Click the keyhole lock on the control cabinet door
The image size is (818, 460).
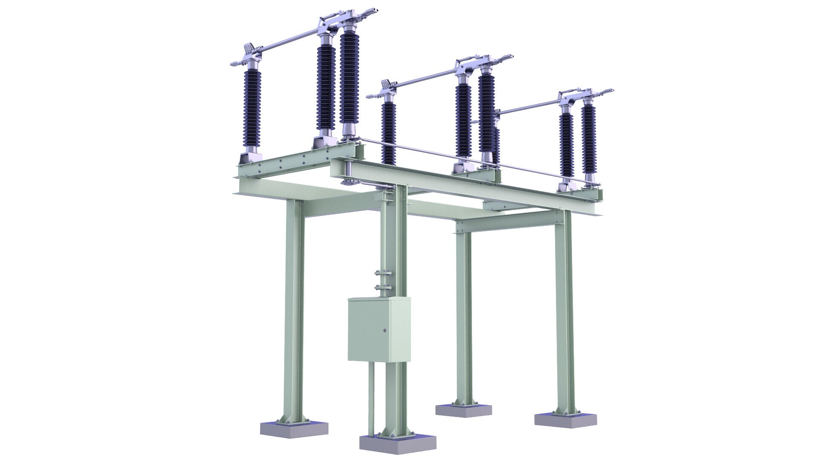385,331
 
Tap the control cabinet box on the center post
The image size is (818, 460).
379,330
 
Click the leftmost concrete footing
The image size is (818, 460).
294,428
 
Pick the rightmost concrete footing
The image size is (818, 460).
565,420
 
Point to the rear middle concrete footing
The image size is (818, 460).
464,410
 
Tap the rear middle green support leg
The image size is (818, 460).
464,315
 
